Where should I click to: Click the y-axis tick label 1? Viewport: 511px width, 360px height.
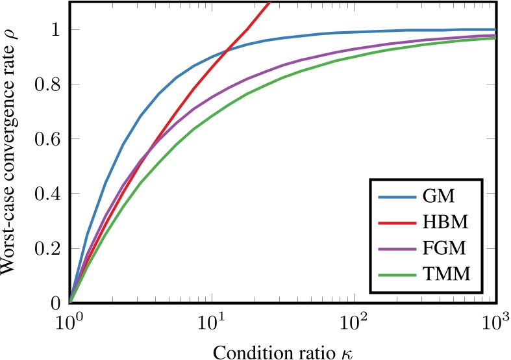tap(55, 30)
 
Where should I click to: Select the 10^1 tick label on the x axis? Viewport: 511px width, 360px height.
tap(212, 320)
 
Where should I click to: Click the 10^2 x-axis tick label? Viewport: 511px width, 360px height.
tap(354, 320)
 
